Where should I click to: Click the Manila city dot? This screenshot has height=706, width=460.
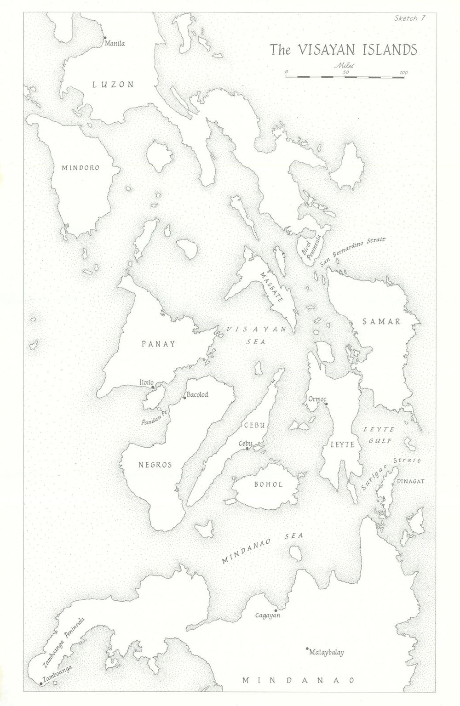[105, 37]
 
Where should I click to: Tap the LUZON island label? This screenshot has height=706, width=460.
[113, 84]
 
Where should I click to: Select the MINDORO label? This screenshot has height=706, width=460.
[80, 168]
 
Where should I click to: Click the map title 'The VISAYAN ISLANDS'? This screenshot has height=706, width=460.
[343, 49]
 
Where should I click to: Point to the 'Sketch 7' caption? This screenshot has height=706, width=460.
[405, 18]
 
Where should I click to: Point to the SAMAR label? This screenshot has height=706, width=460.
[382, 322]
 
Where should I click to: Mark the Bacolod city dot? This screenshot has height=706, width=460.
[184, 398]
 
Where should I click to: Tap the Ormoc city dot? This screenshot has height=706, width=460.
[326, 404]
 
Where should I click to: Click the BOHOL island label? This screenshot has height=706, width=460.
[268, 484]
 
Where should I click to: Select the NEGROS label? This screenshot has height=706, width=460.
[155, 465]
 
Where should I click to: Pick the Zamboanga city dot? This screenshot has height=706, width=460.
[41, 683]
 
